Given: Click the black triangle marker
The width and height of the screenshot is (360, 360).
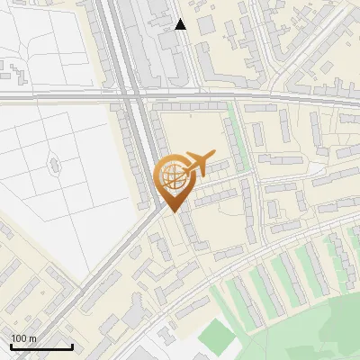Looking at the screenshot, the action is pyautogui.click(x=181, y=24).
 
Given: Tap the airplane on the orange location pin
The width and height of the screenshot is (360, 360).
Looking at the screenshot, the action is pyautogui.click(x=199, y=164).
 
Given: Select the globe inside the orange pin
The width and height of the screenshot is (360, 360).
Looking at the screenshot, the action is pyautogui.click(x=174, y=176).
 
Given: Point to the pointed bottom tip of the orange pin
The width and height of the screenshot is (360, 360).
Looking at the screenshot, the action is pyautogui.click(x=174, y=211).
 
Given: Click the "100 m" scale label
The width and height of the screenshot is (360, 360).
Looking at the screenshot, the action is pyautogui.click(x=23, y=338).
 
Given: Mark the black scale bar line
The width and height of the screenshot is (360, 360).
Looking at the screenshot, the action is pyautogui.click(x=41, y=347).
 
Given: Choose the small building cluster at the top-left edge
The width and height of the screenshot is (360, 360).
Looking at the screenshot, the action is pyautogui.click(x=13, y=67).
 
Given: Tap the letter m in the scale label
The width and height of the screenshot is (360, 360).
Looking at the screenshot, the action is pyautogui.click(x=31, y=338).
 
